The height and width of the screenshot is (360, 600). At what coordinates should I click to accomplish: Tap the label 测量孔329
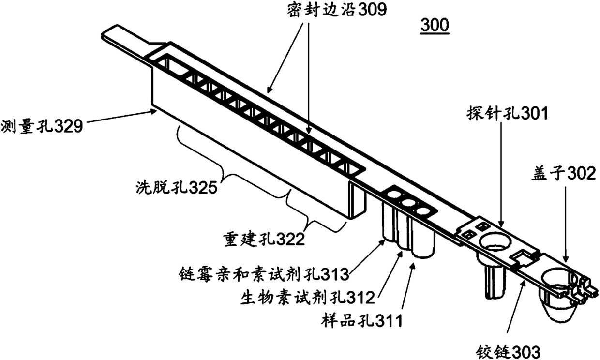coord(42,127)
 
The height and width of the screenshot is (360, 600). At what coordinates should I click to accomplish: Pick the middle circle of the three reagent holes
coord(409,203)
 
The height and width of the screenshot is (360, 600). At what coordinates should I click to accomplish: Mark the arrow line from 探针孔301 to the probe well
coord(502,174)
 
